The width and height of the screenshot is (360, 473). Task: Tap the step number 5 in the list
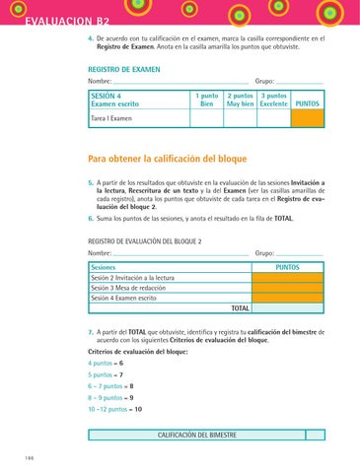90,183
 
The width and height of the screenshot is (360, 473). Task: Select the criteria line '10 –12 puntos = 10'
116,408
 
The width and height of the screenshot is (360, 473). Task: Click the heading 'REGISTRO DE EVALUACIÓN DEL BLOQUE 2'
145,240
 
